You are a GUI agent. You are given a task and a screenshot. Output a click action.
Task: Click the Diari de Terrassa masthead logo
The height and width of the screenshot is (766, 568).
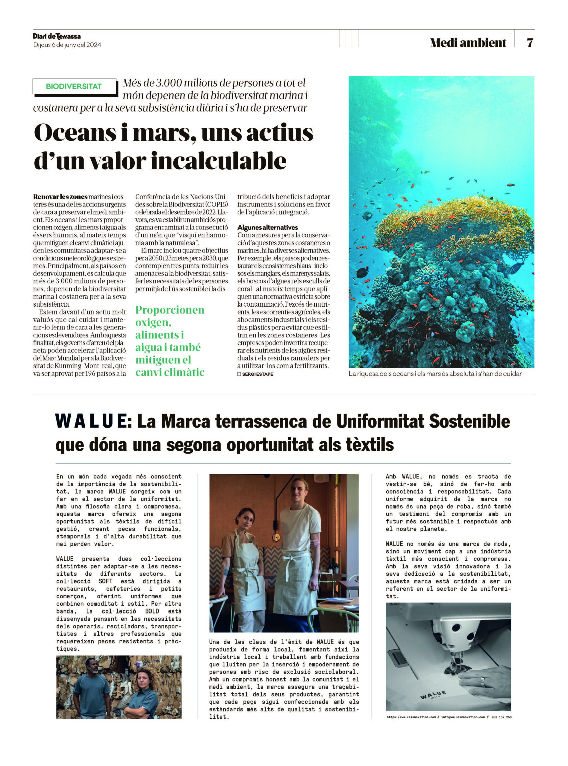coord(57,36)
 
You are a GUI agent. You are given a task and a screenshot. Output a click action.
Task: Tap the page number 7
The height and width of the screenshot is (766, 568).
coord(530,42)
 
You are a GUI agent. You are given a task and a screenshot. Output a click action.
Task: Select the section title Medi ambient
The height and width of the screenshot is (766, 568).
coord(468,42)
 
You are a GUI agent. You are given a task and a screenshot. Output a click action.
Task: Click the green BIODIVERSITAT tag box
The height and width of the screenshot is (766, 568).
coord(74,86)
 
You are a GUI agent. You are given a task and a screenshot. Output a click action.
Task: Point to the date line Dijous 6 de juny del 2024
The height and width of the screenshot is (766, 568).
coord(67,45)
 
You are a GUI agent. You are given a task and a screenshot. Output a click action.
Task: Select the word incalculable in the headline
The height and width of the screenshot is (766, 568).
coord(219,161)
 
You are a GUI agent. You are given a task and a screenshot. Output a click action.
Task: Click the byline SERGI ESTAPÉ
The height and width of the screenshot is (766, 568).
coord(257,374)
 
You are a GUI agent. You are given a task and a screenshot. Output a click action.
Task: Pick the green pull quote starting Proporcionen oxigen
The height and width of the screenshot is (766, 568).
coord(170,341)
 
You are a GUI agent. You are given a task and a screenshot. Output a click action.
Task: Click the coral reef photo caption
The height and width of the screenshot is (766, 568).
coord(435,374)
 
